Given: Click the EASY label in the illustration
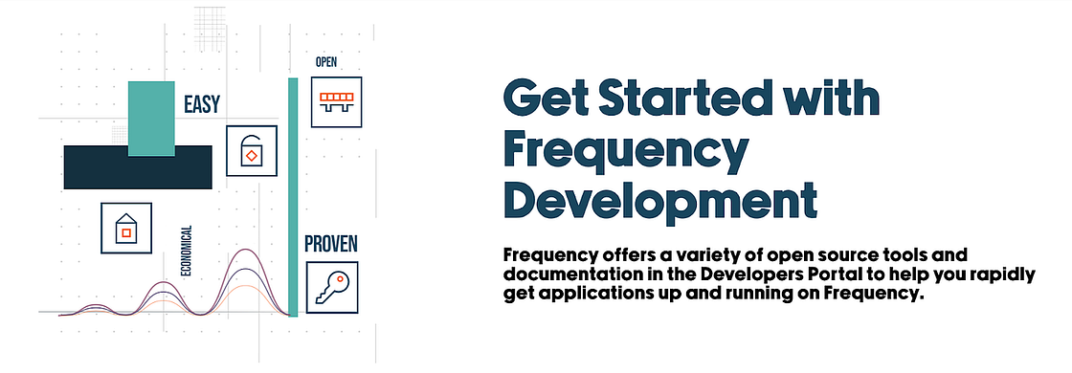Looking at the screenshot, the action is click(202, 104).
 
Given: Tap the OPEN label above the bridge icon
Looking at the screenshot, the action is click(326, 62).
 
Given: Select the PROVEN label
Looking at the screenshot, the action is click(331, 244).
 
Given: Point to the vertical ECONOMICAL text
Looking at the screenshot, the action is click(186, 251).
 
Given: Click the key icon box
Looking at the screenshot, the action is click(331, 288).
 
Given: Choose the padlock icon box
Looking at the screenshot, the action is click(252, 151).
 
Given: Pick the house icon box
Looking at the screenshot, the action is click(126, 229).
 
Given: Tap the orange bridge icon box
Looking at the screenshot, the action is click(336, 101).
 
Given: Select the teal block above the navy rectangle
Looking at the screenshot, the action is click(151, 119).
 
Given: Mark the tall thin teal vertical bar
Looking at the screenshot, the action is click(293, 197).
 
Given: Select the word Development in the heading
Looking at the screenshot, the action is click(660, 199).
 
